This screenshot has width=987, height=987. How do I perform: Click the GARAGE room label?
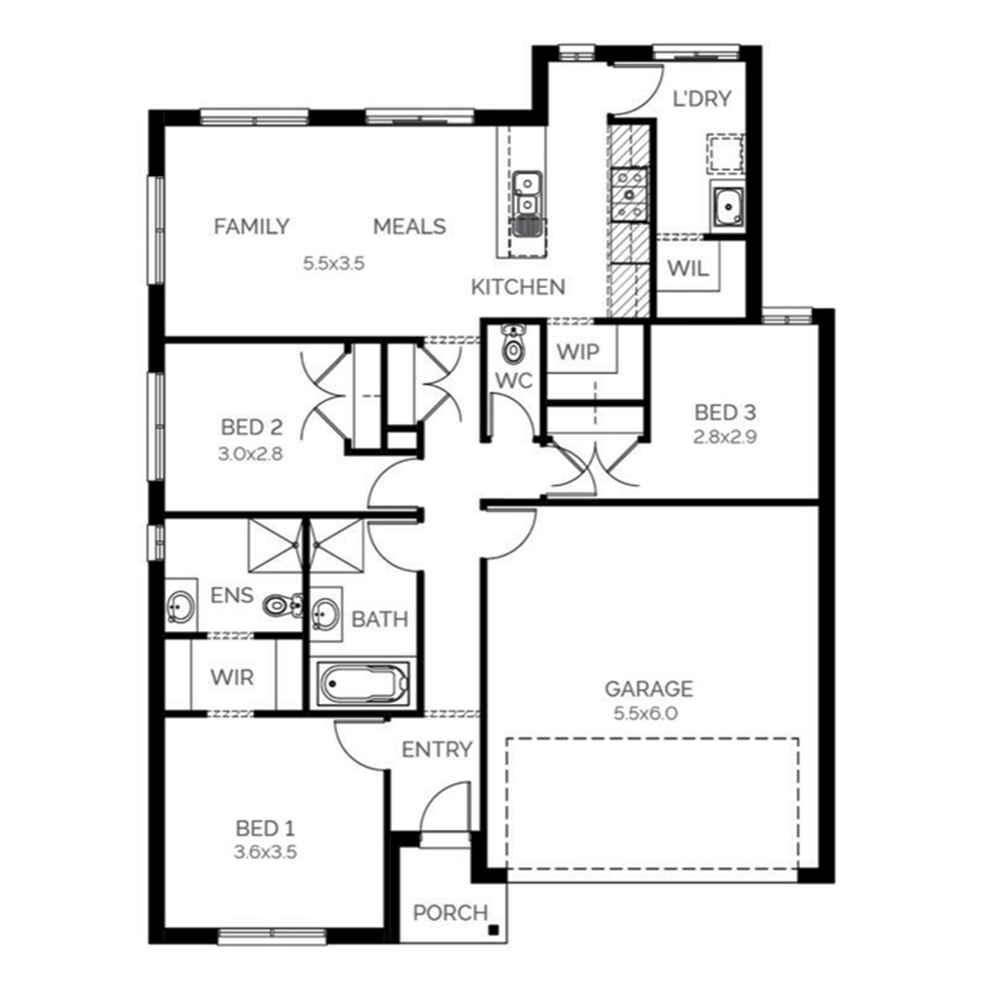pyautogui.click(x=649, y=689)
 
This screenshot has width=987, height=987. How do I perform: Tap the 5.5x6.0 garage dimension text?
pyautogui.click(x=645, y=713)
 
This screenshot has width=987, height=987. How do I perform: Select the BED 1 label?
pyautogui.click(x=265, y=828)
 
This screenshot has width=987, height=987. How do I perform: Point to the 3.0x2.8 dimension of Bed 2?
pyautogui.click(x=250, y=453)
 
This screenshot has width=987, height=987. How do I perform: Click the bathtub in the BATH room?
pyautogui.click(x=363, y=684)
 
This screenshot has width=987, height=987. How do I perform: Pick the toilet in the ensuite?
pyautogui.click(x=282, y=605)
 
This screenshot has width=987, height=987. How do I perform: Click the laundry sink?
pyautogui.click(x=728, y=207)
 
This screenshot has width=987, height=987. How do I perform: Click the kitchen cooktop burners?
pyautogui.click(x=629, y=193)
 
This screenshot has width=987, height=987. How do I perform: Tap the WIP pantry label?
pyautogui.click(x=578, y=352)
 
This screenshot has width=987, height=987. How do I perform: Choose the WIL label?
pyautogui.click(x=688, y=268)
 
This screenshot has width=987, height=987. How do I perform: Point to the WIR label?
pyautogui.click(x=232, y=677)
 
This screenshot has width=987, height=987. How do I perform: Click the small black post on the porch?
pyautogui.click(x=493, y=930)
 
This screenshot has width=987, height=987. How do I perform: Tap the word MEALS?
pyautogui.click(x=409, y=226)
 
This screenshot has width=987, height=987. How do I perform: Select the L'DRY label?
pyautogui.click(x=701, y=99)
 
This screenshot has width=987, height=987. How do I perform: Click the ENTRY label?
pyautogui.click(x=437, y=749)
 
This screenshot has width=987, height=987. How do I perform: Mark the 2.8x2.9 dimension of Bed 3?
pyautogui.click(x=724, y=437)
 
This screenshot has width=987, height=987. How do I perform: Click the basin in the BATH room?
pyautogui.click(x=325, y=614)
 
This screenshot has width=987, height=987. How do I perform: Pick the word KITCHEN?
pyautogui.click(x=518, y=287)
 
